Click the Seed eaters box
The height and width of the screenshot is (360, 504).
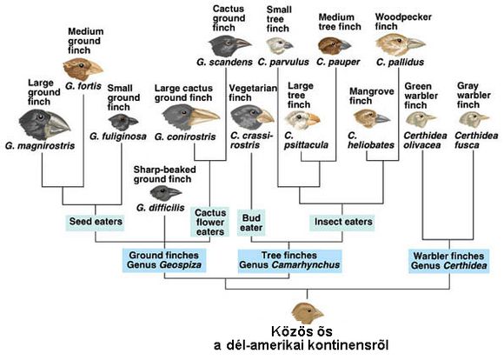[96, 222]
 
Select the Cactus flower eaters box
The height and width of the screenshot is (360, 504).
[210, 222]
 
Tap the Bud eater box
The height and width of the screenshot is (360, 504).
[251, 223]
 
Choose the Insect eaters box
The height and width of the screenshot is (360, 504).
[342, 222]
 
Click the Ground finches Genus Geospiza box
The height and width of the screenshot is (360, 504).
[164, 260]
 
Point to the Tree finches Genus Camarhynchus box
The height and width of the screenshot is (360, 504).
[289, 260]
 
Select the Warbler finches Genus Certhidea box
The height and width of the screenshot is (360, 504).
[449, 261]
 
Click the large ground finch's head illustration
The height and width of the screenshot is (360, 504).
[44, 124]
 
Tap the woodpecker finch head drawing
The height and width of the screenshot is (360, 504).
[400, 44]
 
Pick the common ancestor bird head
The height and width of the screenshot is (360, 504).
[307, 313]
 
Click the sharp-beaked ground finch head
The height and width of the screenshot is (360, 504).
[165, 193]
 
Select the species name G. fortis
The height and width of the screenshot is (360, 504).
[83, 86]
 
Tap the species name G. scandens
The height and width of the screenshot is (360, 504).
[224, 62]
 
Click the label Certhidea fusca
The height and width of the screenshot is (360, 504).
[476, 140]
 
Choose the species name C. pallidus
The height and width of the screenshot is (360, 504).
[400, 62]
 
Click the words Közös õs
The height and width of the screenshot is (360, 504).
[302, 331]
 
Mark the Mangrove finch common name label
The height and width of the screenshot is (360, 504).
[371, 96]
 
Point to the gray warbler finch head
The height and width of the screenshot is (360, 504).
[474, 119]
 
